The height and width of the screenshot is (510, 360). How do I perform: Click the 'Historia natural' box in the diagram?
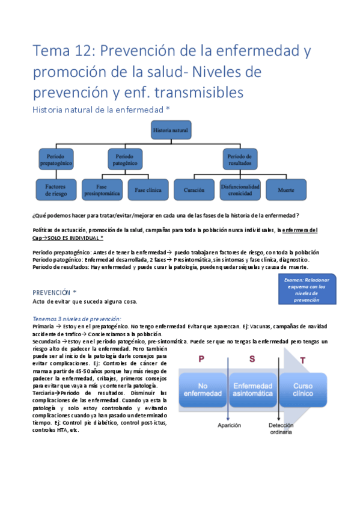(171, 131)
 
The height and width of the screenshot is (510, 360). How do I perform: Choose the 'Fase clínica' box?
(148, 191)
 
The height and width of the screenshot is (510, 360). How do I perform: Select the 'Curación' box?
(194, 191)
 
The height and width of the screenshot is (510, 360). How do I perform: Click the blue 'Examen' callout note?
(307, 289)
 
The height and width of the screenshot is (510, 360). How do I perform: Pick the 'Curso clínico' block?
(302, 389)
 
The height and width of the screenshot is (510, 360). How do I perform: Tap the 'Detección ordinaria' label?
(281, 428)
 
